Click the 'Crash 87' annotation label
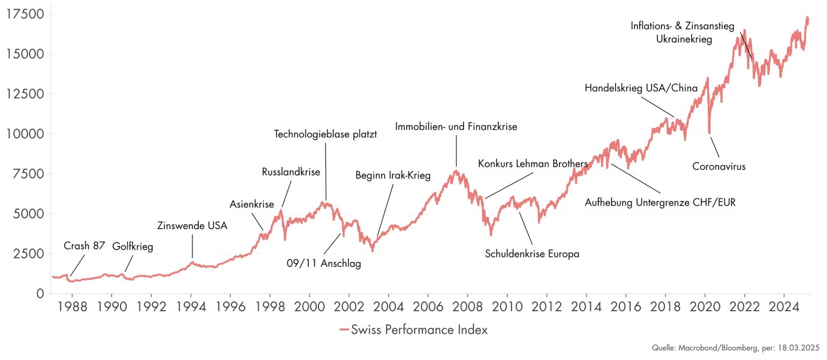(x=85, y=246)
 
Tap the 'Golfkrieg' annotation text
(x=133, y=247)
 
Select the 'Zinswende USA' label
(x=192, y=226)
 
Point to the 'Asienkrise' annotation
(x=252, y=204)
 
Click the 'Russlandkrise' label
(x=290, y=172)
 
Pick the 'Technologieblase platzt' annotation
(x=325, y=134)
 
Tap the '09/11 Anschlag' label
(x=324, y=264)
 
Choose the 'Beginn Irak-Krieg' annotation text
(x=393, y=176)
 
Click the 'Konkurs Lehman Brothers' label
(x=532, y=164)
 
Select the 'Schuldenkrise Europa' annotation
(x=532, y=254)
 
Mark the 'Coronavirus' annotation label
(x=719, y=166)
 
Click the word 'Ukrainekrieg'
(x=684, y=39)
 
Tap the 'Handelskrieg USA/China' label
(x=641, y=88)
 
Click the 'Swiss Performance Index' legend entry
(x=413, y=330)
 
